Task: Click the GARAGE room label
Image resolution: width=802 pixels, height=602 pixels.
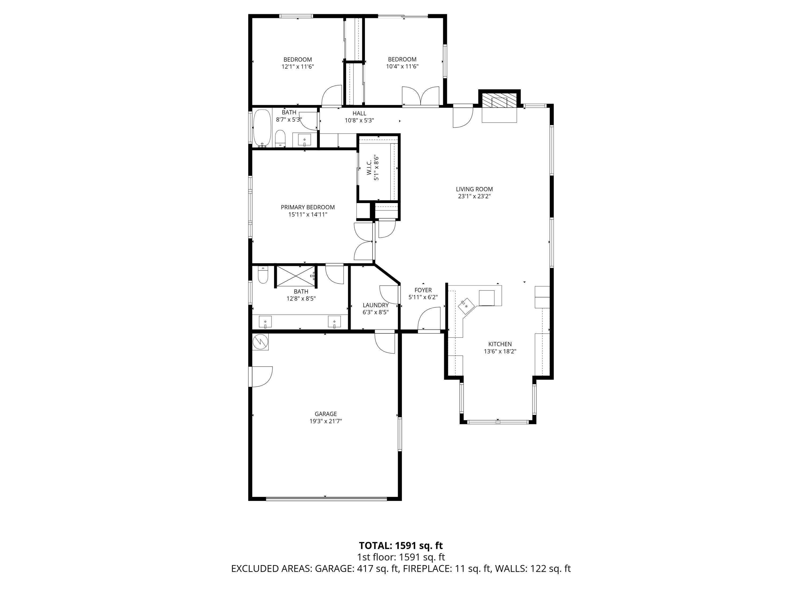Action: (326, 414)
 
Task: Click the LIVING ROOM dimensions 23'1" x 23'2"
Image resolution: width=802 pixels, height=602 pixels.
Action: (474, 196)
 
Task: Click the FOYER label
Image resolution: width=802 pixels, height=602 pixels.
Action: (423, 290)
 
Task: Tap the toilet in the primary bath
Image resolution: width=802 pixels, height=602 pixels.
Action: (263, 275)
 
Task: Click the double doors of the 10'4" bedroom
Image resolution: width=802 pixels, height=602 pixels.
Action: (421, 96)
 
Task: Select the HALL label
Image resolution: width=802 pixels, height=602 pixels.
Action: (359, 113)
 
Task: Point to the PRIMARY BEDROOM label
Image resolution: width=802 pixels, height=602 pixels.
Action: (307, 207)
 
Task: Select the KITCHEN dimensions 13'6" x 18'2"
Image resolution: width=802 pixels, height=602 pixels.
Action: (500, 351)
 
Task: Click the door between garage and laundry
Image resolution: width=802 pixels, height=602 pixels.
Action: (385, 342)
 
